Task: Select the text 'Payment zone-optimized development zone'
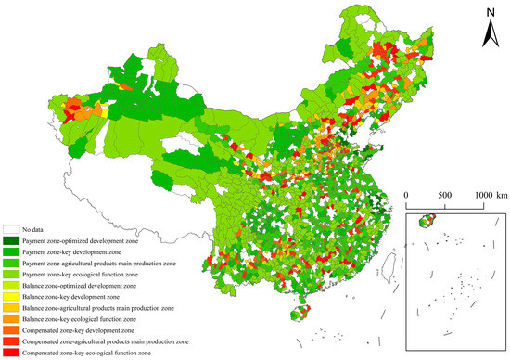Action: point(89,240)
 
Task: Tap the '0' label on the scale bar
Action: point(407,195)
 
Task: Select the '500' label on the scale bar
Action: point(443,195)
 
